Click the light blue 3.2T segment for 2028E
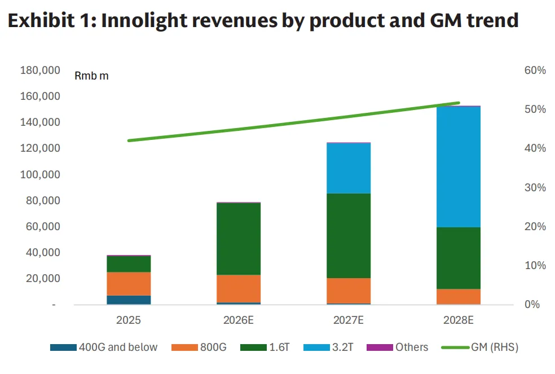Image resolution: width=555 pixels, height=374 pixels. coord(458,166)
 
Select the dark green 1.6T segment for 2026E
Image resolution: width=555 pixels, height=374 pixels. coord(239,239)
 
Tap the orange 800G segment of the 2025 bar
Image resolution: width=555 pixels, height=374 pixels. coord(129,284)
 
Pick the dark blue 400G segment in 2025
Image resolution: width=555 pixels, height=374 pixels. coord(129,300)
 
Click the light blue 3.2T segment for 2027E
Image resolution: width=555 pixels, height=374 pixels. coord(349,168)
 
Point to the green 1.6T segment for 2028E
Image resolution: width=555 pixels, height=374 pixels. coord(458,258)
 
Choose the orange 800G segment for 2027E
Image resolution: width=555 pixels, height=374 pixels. coord(349,291)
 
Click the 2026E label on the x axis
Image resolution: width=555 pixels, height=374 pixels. coord(239,320)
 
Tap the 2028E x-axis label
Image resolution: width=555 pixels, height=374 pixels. coord(458,320)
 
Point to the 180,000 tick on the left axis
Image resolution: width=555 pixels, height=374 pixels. coord(40,71)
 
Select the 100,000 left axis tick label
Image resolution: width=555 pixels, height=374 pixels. coord(40,175)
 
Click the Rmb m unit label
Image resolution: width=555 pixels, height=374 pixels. coord(91,76)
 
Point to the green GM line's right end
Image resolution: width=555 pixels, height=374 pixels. coord(459,103)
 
